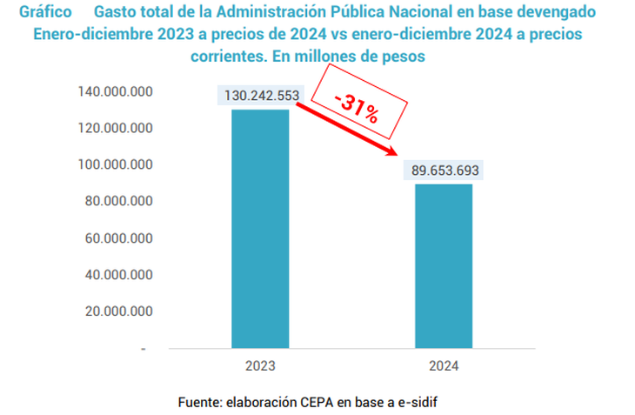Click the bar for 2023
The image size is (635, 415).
pos(260,229)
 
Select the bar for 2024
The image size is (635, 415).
pos(443,265)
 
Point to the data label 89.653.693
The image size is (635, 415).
pos(443,171)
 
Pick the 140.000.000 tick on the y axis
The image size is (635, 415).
pos(116,92)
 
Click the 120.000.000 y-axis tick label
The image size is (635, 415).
pos(116,129)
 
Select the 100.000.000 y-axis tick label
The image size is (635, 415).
pos(116,165)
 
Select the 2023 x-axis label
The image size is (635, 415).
pos(260,365)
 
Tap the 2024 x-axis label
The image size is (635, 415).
pos(443,365)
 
